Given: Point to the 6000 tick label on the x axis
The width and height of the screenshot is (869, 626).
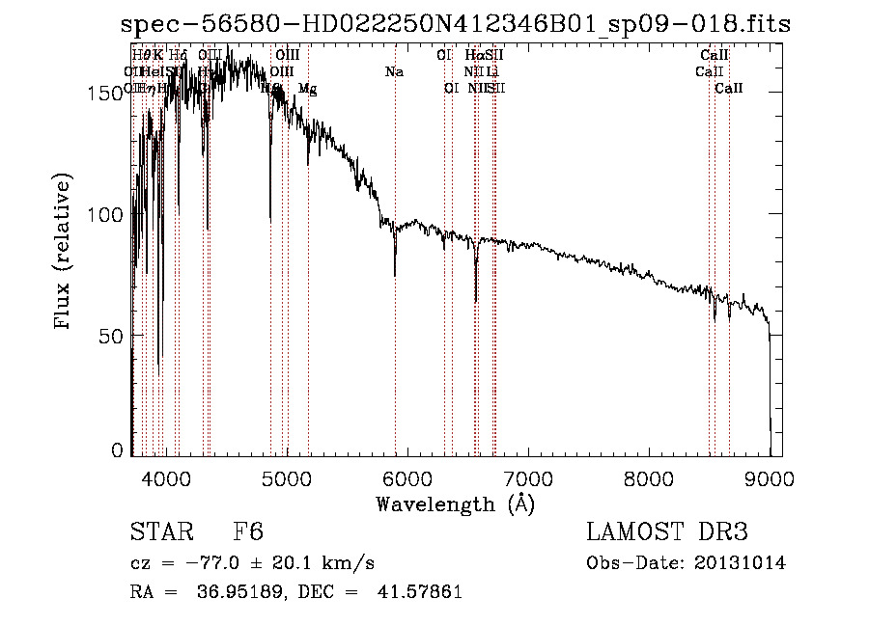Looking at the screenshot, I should (x=406, y=476).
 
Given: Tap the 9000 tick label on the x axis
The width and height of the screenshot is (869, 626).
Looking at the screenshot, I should (x=770, y=476).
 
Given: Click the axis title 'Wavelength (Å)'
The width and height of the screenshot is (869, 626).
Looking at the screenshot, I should (x=455, y=504).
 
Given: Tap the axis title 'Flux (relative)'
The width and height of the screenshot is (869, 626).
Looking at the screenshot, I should (x=64, y=254).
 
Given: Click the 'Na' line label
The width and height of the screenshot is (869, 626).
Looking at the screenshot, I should (x=394, y=72).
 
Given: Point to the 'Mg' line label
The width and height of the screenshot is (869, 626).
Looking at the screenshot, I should (x=307, y=89).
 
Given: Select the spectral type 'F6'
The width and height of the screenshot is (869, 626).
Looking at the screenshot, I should (x=247, y=532).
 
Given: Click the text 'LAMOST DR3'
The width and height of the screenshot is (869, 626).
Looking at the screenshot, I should (x=667, y=532).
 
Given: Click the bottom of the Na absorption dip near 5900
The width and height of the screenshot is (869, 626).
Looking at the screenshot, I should (x=395, y=275).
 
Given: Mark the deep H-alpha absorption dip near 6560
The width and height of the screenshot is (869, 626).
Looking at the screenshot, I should (x=476, y=300).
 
